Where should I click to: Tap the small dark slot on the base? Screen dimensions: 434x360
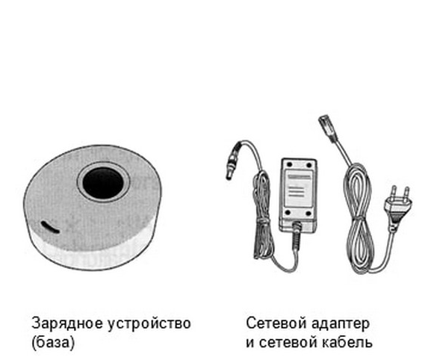(50, 227)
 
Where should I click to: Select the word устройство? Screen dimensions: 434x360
(149, 324)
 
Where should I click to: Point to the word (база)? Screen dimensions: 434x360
(53, 343)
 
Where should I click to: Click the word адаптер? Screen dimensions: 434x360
(341, 324)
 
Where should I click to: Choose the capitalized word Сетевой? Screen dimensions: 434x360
(276, 323)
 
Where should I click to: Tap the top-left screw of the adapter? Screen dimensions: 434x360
(290, 164)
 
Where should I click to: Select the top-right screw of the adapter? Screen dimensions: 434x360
(309, 164)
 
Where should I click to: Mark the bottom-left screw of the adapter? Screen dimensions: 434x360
(288, 213)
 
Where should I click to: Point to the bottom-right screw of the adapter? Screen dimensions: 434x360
(309, 213)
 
